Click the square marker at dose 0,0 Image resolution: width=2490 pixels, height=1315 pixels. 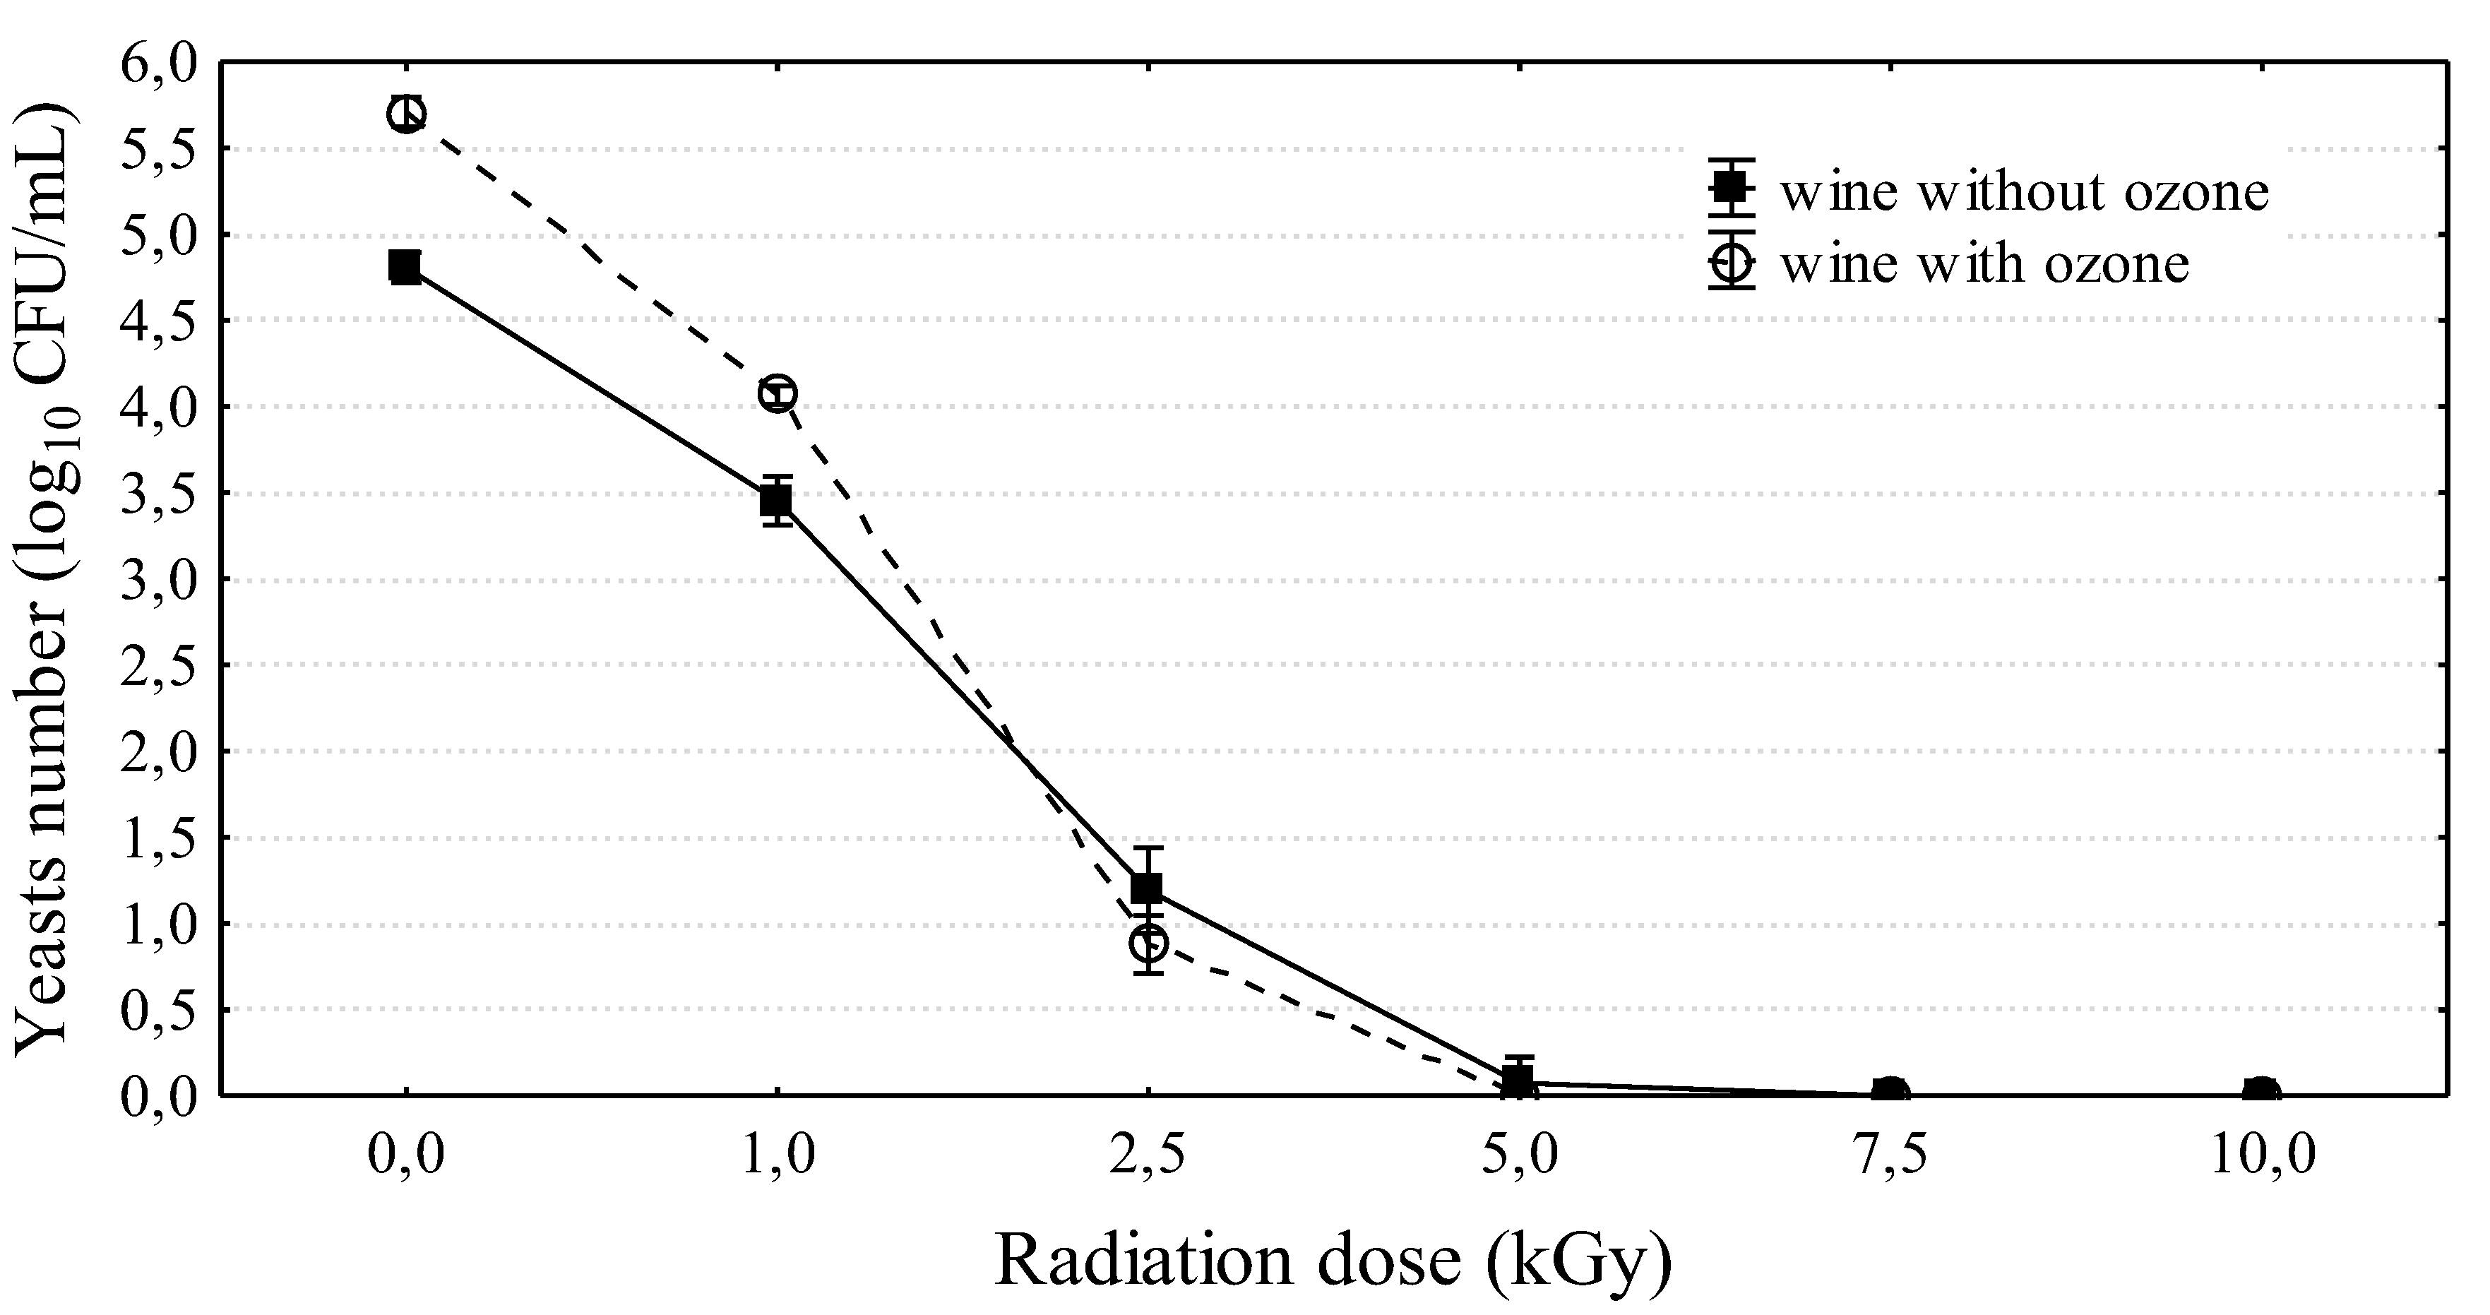coord(405,266)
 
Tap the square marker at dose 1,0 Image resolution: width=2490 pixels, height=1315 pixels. coord(776,500)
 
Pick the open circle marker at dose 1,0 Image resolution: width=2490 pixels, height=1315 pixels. coord(778,393)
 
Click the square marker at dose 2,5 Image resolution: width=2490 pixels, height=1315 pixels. coord(1148,886)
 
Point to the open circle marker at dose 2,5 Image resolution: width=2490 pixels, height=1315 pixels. coord(1148,942)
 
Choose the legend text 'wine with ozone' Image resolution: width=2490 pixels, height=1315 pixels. coord(1984,263)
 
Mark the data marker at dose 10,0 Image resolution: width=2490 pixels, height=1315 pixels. coord(2261,1093)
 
